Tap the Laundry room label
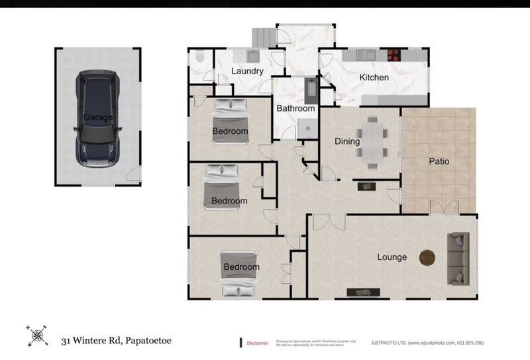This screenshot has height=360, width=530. pos(248,72)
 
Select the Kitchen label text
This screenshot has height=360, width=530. pos(374,78)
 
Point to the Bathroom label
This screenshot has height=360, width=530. pos(295,108)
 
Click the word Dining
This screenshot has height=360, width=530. pos(347,141)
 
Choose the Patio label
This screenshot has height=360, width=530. pos(439,160)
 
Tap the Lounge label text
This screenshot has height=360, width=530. pos(392,257)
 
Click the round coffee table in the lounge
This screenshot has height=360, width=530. pos(428,257)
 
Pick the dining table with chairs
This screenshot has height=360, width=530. pos(372,141)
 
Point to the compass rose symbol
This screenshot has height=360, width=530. pos(36,336)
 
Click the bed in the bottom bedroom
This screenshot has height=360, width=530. pos(238,274)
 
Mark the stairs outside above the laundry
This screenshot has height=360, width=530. pos(262,36)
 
